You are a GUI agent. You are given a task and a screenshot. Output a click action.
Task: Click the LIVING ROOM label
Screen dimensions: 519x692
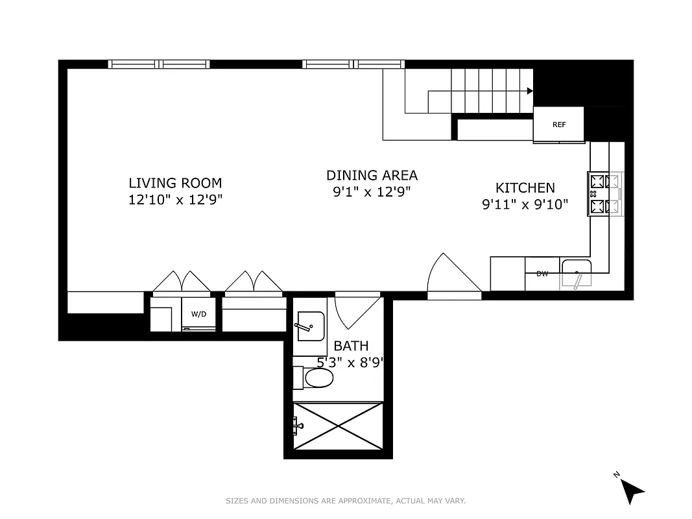(x=175, y=183)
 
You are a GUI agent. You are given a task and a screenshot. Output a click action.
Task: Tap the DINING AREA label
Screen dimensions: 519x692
(x=372, y=175)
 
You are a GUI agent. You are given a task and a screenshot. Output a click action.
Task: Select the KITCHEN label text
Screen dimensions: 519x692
(x=525, y=188)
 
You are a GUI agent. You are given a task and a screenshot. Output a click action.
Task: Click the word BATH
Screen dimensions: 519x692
(x=351, y=346)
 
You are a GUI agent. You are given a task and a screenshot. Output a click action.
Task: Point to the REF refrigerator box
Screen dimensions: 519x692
(x=558, y=125)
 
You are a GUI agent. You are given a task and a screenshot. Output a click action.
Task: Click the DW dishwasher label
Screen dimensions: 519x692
(x=542, y=274)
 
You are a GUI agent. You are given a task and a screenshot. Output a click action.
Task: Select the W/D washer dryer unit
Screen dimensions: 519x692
(x=198, y=315)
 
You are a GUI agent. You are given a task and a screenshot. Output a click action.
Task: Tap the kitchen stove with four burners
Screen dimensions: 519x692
(x=605, y=194)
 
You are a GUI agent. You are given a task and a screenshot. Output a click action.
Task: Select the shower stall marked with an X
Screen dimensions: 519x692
(x=338, y=426)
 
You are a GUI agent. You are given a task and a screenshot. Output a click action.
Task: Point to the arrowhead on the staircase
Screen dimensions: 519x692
(x=530, y=91)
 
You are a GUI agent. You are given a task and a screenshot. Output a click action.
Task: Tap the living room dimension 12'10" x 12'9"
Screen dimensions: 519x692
(x=175, y=200)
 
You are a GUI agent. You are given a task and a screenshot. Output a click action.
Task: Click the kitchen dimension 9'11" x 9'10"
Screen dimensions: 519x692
(x=525, y=205)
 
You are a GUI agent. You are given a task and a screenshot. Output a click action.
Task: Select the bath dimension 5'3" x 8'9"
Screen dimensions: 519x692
(x=351, y=363)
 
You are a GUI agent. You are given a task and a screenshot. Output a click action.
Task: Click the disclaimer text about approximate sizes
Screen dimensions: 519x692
(x=346, y=501)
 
